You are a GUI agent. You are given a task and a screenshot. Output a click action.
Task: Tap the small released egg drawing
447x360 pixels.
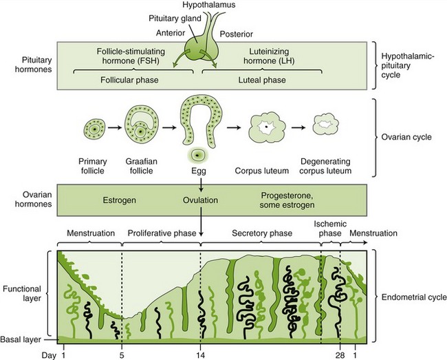[x=199, y=155]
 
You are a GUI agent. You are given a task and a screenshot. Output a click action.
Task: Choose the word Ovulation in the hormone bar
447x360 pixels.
[x=200, y=201]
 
